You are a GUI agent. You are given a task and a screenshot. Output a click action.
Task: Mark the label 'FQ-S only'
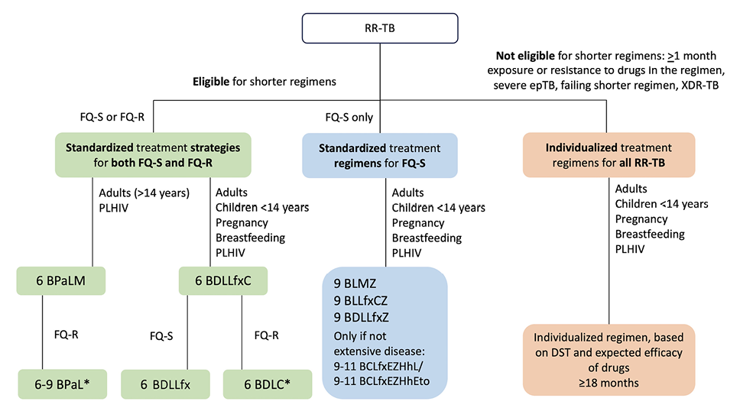click(349, 118)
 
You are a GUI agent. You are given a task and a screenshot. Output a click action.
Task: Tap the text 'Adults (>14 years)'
click(143, 193)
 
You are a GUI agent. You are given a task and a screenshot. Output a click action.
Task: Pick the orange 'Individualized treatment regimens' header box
click(609, 155)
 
